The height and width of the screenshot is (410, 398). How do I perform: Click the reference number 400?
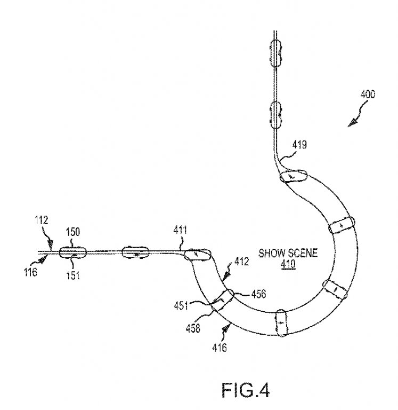pos(367,94)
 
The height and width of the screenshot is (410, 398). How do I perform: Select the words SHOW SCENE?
pos(280,253)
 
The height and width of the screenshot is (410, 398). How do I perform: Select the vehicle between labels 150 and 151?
pos(72,251)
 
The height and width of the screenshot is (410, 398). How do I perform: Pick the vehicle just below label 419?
pos(293,175)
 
